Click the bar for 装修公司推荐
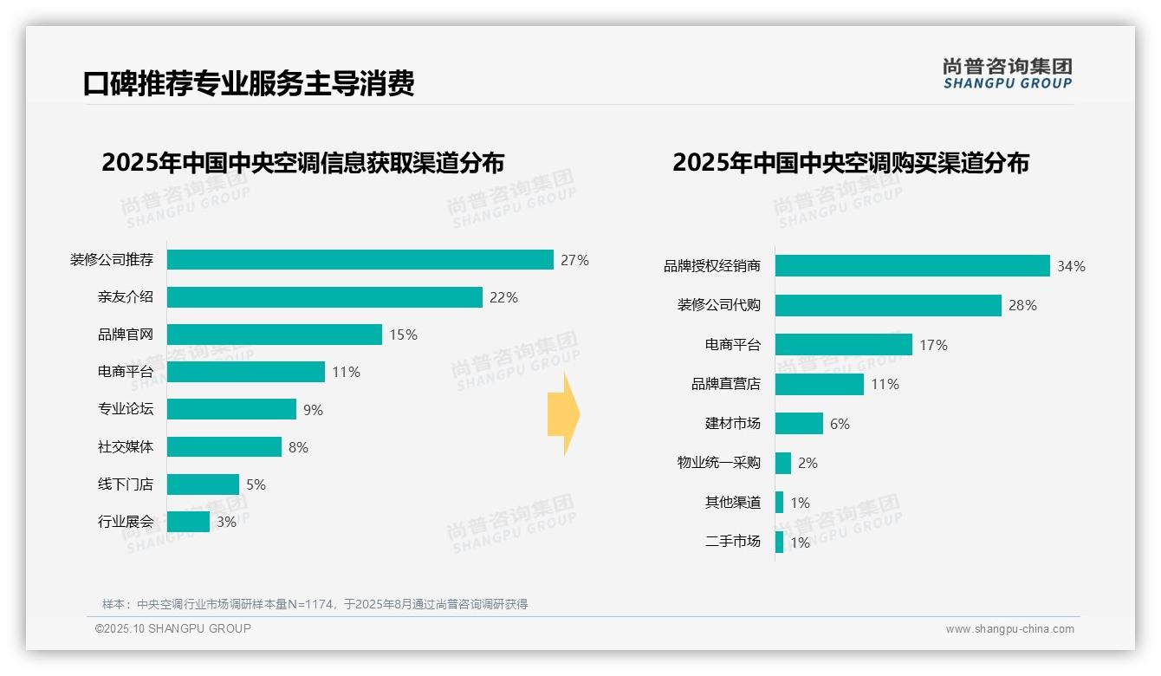[x=360, y=260]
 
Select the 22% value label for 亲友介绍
[x=503, y=297]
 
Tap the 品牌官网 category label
[x=125, y=335]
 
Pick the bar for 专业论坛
[x=231, y=409]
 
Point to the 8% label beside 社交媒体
[x=298, y=447]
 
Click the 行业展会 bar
[x=188, y=522]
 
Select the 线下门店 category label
[x=125, y=484]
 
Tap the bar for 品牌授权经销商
[x=911, y=266]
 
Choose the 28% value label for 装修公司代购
[x=1022, y=305]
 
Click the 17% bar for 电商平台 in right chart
[x=843, y=345]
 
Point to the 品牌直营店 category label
[x=725, y=384]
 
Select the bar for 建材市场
[x=799, y=424]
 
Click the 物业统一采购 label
[x=718, y=463]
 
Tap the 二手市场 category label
[x=732, y=542]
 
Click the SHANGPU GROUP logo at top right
[x=1007, y=74]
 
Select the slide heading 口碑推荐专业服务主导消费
[x=249, y=83]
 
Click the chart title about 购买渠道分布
[x=850, y=163]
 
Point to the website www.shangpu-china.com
[x=1009, y=629]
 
